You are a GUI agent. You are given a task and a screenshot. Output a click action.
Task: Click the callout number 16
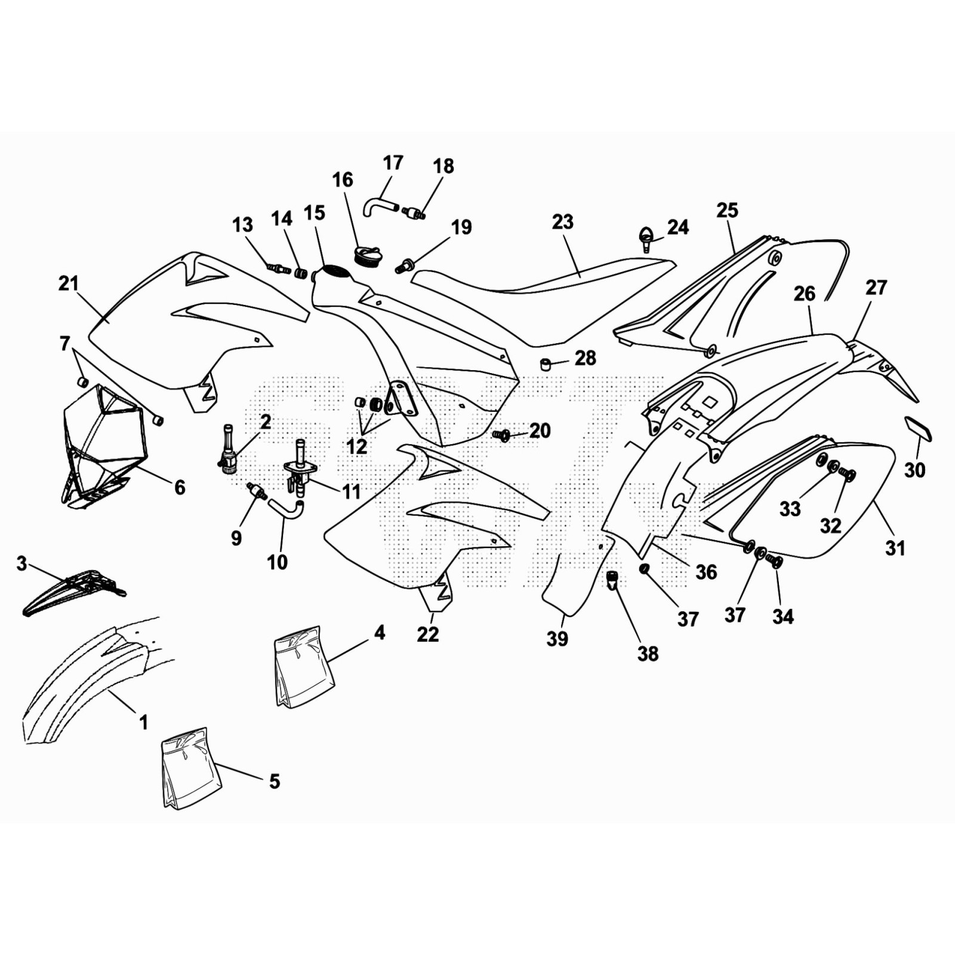(343, 180)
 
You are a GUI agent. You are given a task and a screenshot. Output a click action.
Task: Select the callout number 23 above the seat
(563, 222)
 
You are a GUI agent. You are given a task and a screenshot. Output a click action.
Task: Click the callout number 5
(275, 781)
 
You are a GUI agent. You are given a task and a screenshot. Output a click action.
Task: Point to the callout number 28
(586, 358)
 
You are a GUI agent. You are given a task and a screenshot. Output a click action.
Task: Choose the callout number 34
(783, 616)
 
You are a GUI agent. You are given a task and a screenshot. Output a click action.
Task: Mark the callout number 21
(69, 283)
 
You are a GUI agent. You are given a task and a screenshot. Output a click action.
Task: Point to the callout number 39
(557, 639)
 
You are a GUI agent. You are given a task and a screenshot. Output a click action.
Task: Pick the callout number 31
(895, 547)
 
